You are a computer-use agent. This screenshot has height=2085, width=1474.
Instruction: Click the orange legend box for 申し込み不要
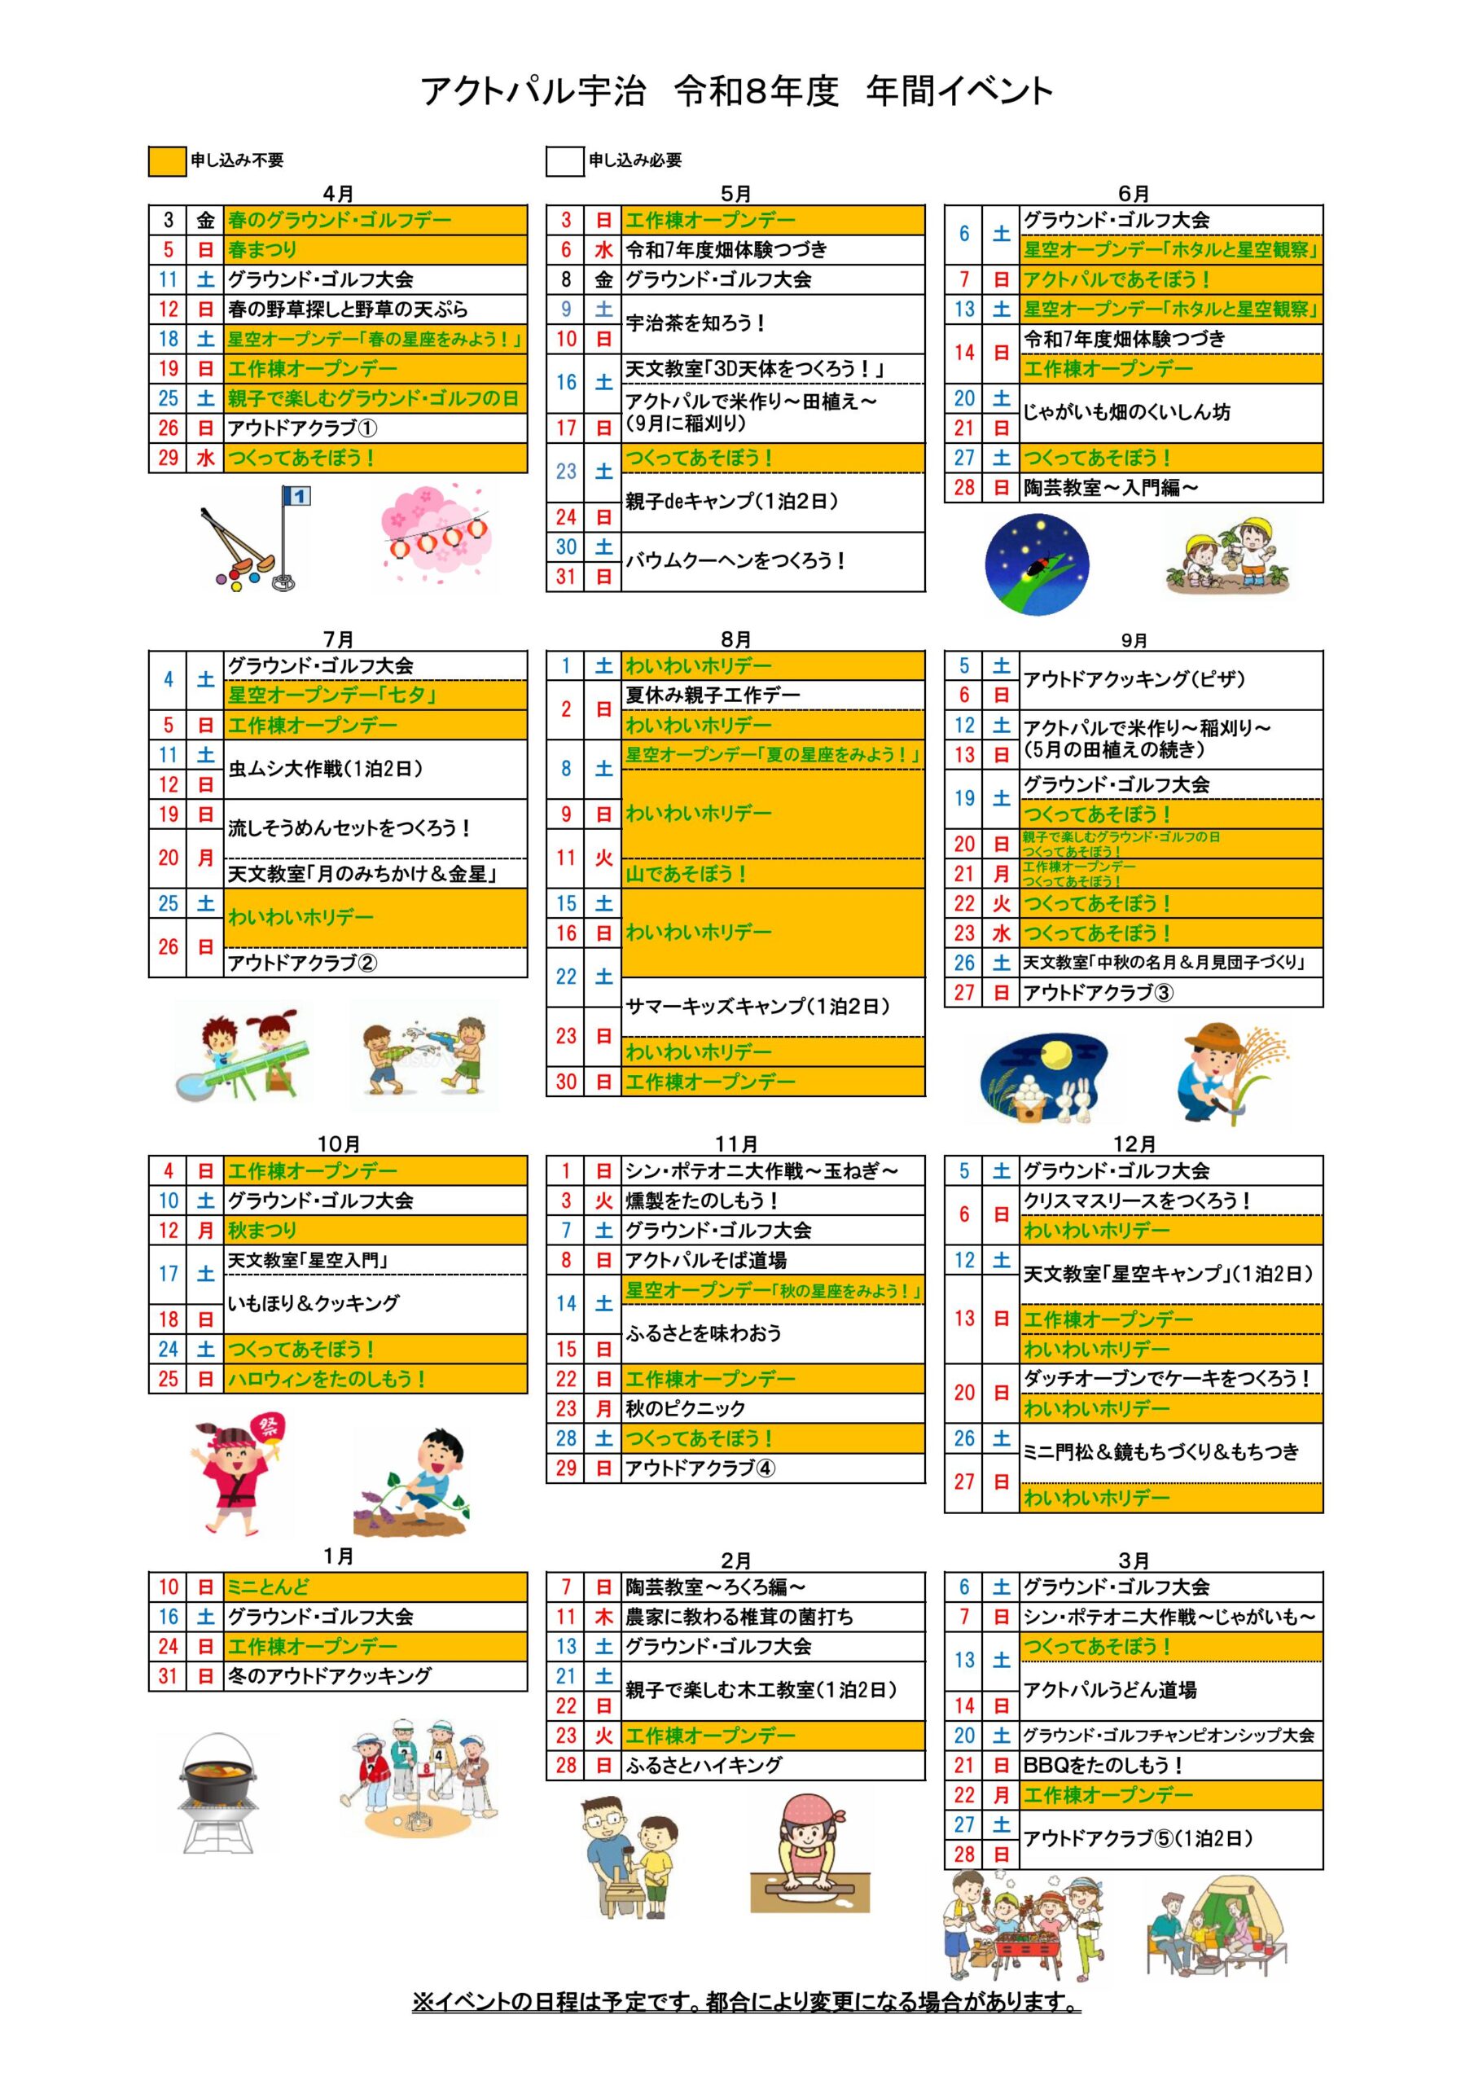[167, 160]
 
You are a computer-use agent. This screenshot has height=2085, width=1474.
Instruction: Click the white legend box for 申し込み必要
[564, 160]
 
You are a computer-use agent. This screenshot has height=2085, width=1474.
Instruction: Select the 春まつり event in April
[374, 250]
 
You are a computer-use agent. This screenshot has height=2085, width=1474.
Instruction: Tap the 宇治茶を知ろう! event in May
[772, 323]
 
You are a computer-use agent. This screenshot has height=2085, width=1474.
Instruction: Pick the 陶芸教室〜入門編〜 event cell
[1169, 488]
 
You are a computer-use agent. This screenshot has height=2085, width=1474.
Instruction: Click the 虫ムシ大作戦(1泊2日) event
[374, 769]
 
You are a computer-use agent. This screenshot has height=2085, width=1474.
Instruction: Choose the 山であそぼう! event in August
[772, 874]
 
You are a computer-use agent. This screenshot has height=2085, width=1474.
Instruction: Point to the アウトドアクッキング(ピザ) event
[1169, 679]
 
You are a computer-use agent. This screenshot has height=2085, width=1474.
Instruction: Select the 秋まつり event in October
[374, 1231]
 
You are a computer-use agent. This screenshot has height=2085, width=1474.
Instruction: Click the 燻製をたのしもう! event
[772, 1201]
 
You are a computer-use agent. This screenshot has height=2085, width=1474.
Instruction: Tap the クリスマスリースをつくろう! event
[1169, 1201]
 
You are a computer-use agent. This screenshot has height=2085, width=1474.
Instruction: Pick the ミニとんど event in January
[374, 1587]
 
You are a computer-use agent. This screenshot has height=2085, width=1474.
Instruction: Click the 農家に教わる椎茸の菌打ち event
[772, 1617]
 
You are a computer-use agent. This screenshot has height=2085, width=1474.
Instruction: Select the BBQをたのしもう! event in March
[1169, 1766]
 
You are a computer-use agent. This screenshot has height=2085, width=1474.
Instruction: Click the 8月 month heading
[735, 639]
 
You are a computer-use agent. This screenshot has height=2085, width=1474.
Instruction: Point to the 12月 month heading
[1134, 1144]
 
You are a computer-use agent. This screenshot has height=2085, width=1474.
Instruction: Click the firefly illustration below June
[1038, 564]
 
